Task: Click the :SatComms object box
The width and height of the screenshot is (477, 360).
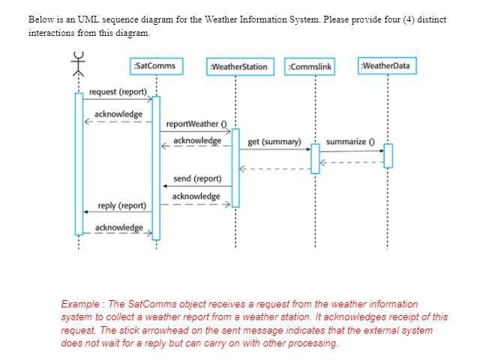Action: coord(154,66)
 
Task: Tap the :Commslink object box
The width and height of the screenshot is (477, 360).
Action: coord(310,67)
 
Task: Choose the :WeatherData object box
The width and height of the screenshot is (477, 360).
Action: coord(385,66)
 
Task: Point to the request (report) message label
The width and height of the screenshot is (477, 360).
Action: coord(118,91)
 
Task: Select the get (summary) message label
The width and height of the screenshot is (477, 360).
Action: coord(274,141)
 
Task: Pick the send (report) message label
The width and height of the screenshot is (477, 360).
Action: coord(197,178)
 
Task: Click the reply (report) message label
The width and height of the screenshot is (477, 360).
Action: coord(122,205)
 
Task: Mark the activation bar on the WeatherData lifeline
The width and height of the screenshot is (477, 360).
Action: coord(388,155)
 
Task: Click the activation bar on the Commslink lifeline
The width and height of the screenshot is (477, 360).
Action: coord(315,158)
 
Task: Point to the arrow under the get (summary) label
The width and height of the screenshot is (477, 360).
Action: coord(274,149)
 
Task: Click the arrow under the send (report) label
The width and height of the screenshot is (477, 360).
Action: coord(197,186)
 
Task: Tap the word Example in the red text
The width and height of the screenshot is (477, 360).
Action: coord(81,304)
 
